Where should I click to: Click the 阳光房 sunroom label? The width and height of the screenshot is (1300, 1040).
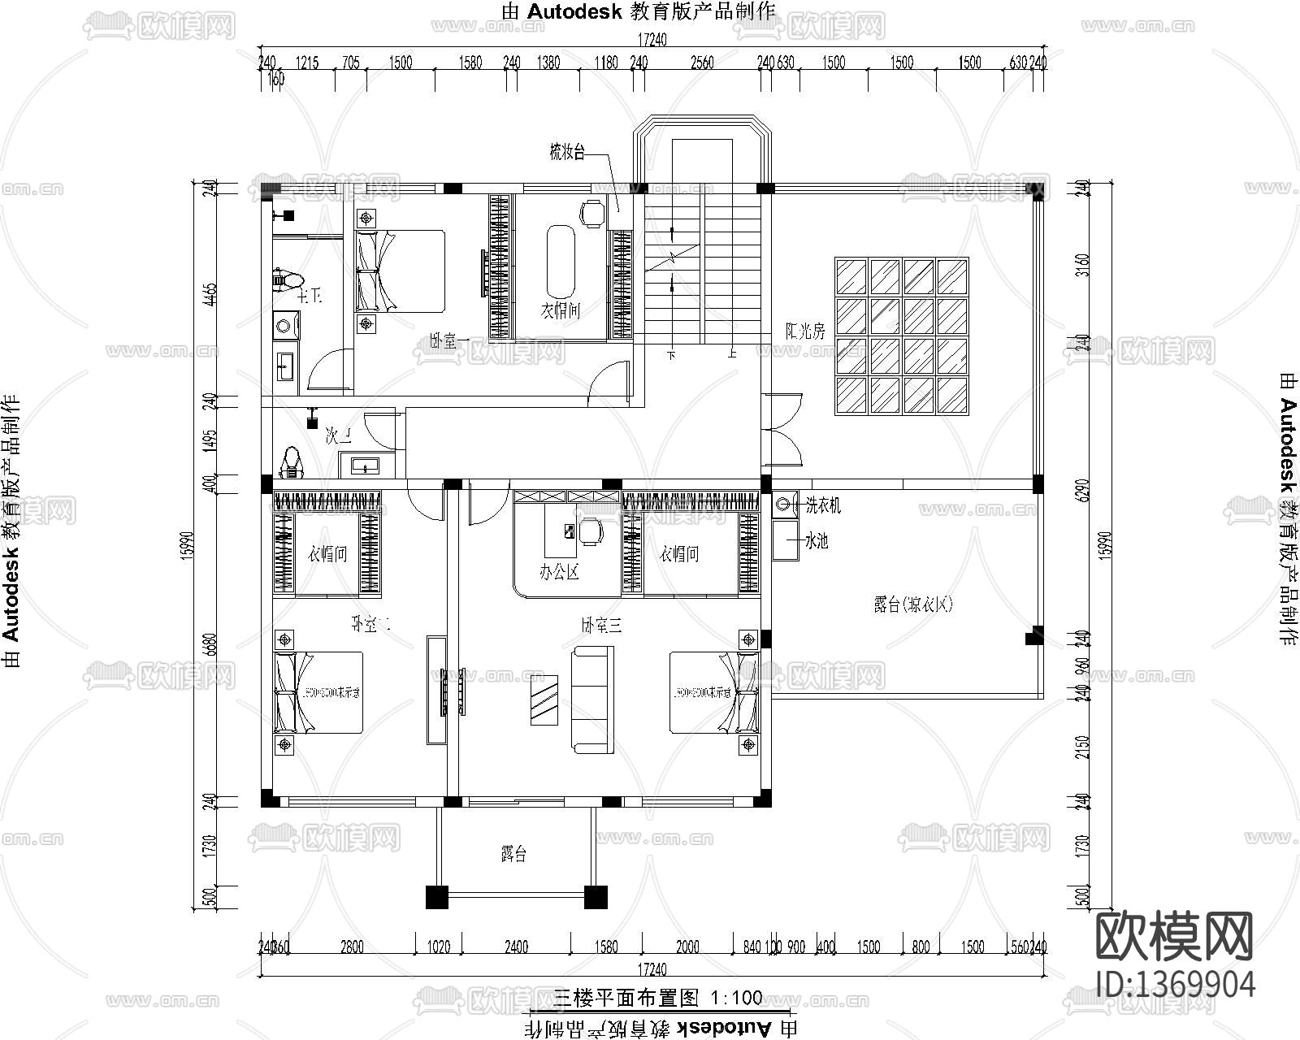click(804, 331)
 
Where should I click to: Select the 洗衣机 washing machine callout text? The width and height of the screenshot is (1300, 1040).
click(822, 506)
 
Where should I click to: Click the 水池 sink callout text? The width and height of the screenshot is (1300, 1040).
click(816, 540)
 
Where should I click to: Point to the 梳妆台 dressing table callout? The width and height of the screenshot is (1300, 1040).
click(566, 152)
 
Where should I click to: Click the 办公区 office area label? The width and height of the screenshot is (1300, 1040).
click(559, 572)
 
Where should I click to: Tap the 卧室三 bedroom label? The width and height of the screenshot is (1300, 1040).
click(601, 625)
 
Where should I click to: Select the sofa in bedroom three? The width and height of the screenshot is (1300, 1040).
click(589, 697)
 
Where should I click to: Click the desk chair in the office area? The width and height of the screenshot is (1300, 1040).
click(591, 531)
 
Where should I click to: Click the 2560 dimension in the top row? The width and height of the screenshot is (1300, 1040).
click(702, 63)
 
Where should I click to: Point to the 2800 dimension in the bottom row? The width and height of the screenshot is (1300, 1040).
click(352, 947)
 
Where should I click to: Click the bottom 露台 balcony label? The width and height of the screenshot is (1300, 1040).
click(513, 854)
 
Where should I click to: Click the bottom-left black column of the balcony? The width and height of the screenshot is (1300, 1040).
click(436, 897)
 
